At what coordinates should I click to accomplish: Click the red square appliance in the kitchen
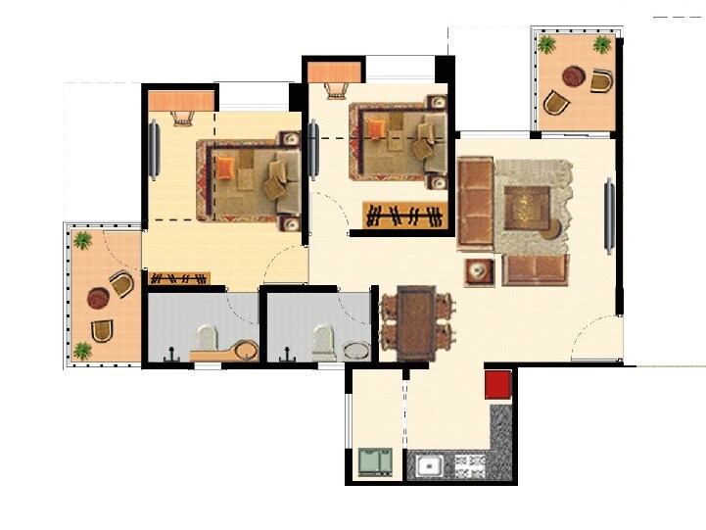498,383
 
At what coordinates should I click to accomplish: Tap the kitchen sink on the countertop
429,464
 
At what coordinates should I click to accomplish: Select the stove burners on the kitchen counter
468,464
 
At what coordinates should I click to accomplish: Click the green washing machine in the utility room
374,460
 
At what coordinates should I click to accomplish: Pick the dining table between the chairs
416,321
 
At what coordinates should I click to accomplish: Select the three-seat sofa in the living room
475,204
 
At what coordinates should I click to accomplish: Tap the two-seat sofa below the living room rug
535,269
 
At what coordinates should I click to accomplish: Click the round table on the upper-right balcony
574,76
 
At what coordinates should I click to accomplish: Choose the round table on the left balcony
98,297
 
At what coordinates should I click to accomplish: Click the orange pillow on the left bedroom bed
226,169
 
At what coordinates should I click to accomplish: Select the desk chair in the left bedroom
182,117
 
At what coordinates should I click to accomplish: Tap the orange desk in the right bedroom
334,72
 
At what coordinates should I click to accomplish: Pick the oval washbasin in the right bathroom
357,350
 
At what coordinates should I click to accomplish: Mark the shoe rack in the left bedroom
179,279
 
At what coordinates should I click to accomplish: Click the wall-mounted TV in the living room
609,216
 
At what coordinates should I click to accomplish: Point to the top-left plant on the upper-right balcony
546,44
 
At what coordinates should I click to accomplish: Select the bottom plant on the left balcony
82,350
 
